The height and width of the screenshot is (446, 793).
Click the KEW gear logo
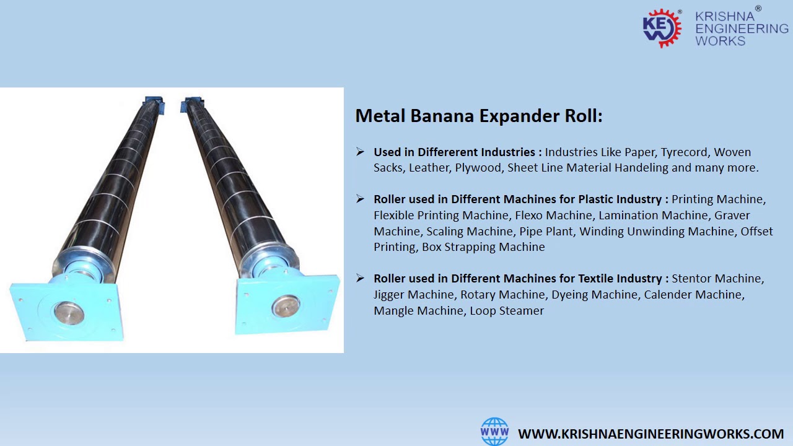pyautogui.click(x=662, y=28)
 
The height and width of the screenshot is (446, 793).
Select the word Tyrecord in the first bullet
pyautogui.click(x=685, y=152)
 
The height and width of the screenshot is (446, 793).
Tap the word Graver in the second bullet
pyautogui.click(x=732, y=215)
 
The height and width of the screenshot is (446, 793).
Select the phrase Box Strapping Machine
pyautogui.click(x=483, y=247)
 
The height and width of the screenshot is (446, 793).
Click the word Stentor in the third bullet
pyautogui.click(x=693, y=278)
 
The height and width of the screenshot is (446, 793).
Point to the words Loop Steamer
pyautogui.click(x=507, y=310)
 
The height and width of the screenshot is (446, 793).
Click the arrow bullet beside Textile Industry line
pyautogui.click(x=361, y=278)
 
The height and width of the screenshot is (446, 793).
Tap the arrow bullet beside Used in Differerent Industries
pyautogui.click(x=361, y=152)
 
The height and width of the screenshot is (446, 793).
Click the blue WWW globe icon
pyautogui.click(x=494, y=432)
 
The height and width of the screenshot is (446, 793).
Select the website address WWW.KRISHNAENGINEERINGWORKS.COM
pyautogui.click(x=651, y=434)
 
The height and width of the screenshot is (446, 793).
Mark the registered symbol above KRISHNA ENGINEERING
pyautogui.click(x=758, y=9)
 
